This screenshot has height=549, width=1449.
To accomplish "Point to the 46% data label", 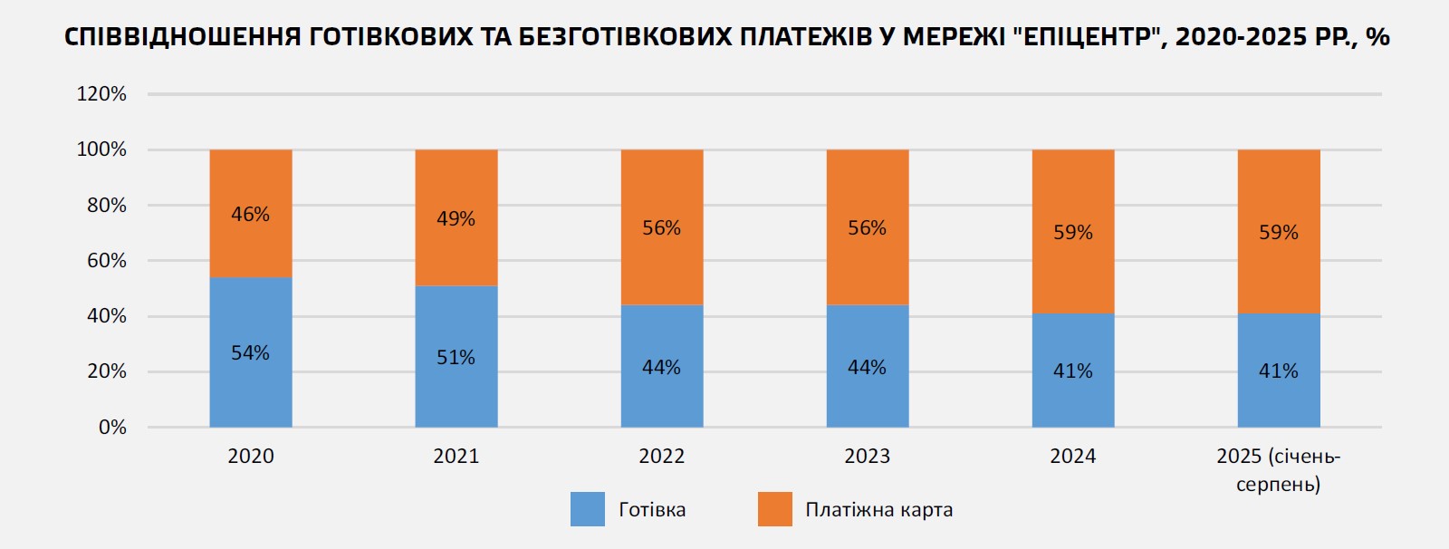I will (251, 215).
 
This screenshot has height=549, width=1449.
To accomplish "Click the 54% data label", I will (251, 353).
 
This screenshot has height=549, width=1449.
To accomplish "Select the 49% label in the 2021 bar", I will (456, 219).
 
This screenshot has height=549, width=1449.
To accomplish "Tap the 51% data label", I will (456, 358).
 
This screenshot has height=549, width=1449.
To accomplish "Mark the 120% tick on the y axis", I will (101, 94).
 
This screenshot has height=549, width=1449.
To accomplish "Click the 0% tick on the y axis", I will (112, 428).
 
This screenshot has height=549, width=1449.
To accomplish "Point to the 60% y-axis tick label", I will (107, 261).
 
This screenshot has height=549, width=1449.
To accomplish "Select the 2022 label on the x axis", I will (662, 457).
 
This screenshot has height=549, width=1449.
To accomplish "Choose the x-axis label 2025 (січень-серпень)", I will (1278, 469).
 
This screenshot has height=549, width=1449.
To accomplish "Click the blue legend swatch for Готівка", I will (588, 509).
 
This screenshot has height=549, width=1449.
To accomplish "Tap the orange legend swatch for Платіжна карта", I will (775, 509).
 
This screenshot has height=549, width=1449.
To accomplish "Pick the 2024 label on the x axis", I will (1073, 457).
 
